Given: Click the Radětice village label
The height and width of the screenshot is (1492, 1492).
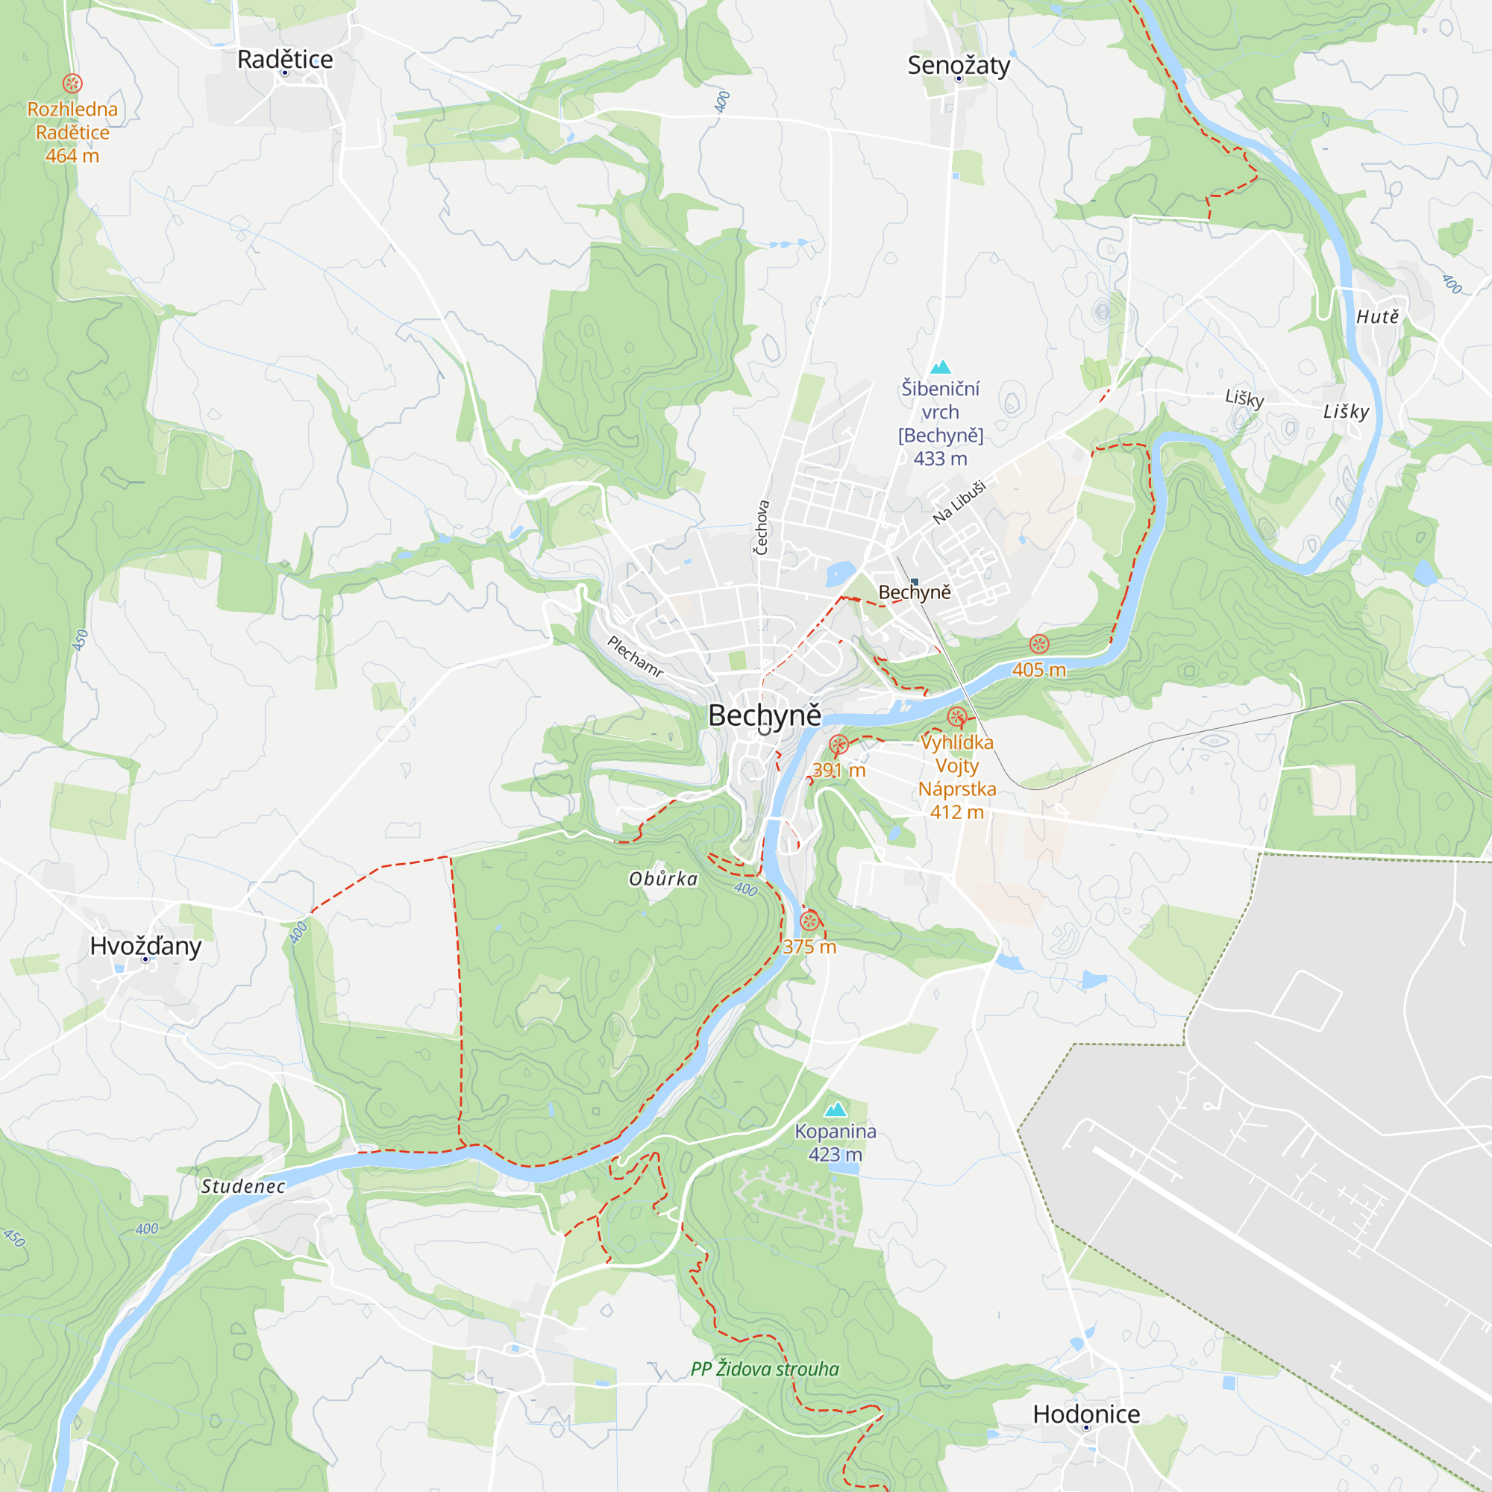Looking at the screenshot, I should pyautogui.click(x=285, y=60).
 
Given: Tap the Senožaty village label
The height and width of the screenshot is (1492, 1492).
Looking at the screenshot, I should pyautogui.click(x=959, y=66).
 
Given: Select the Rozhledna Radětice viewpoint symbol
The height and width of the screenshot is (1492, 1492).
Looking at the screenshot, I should pyautogui.click(x=72, y=83).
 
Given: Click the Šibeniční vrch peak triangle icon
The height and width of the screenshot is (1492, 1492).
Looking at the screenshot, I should pyautogui.click(x=940, y=367).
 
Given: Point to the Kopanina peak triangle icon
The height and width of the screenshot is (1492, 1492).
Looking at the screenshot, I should pyautogui.click(x=836, y=1110).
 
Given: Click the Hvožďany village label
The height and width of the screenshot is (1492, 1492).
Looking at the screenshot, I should pyautogui.click(x=145, y=946).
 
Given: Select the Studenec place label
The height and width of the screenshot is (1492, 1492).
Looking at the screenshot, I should pyautogui.click(x=243, y=1187).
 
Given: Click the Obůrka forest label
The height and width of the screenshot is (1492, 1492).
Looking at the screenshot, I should pyautogui.click(x=662, y=879).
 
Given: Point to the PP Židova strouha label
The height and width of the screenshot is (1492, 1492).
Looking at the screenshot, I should pyautogui.click(x=765, y=1369).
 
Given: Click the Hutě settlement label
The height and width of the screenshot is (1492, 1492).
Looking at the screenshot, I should pyautogui.click(x=1377, y=316).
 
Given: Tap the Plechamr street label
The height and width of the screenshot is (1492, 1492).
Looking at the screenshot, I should pyautogui.click(x=635, y=656).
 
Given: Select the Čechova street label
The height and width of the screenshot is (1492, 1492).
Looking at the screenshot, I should pyautogui.click(x=762, y=527).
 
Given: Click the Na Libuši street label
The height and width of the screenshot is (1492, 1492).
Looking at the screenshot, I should pyautogui.click(x=959, y=503).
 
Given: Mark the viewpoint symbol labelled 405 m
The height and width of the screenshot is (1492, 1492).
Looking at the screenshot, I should pyautogui.click(x=1039, y=644).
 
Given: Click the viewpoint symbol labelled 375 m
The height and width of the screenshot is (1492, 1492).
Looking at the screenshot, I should pyautogui.click(x=809, y=921).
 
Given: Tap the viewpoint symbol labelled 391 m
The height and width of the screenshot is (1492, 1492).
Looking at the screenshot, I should pyautogui.click(x=839, y=745).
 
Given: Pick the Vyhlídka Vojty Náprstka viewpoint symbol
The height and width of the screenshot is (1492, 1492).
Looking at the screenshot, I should pyautogui.click(x=957, y=718).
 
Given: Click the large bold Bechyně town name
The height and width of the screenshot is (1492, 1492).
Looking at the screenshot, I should pyautogui.click(x=765, y=715).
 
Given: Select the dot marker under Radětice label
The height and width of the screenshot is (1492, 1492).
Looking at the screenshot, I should pyautogui.click(x=285, y=73).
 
